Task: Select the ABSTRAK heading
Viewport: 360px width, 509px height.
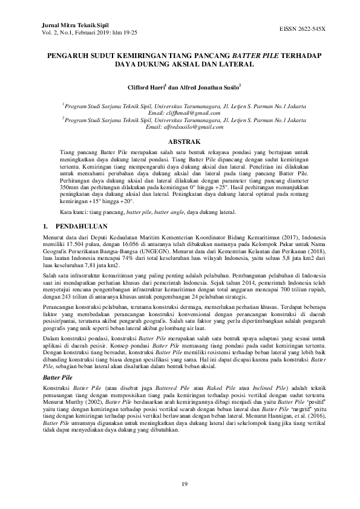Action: [180, 140]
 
